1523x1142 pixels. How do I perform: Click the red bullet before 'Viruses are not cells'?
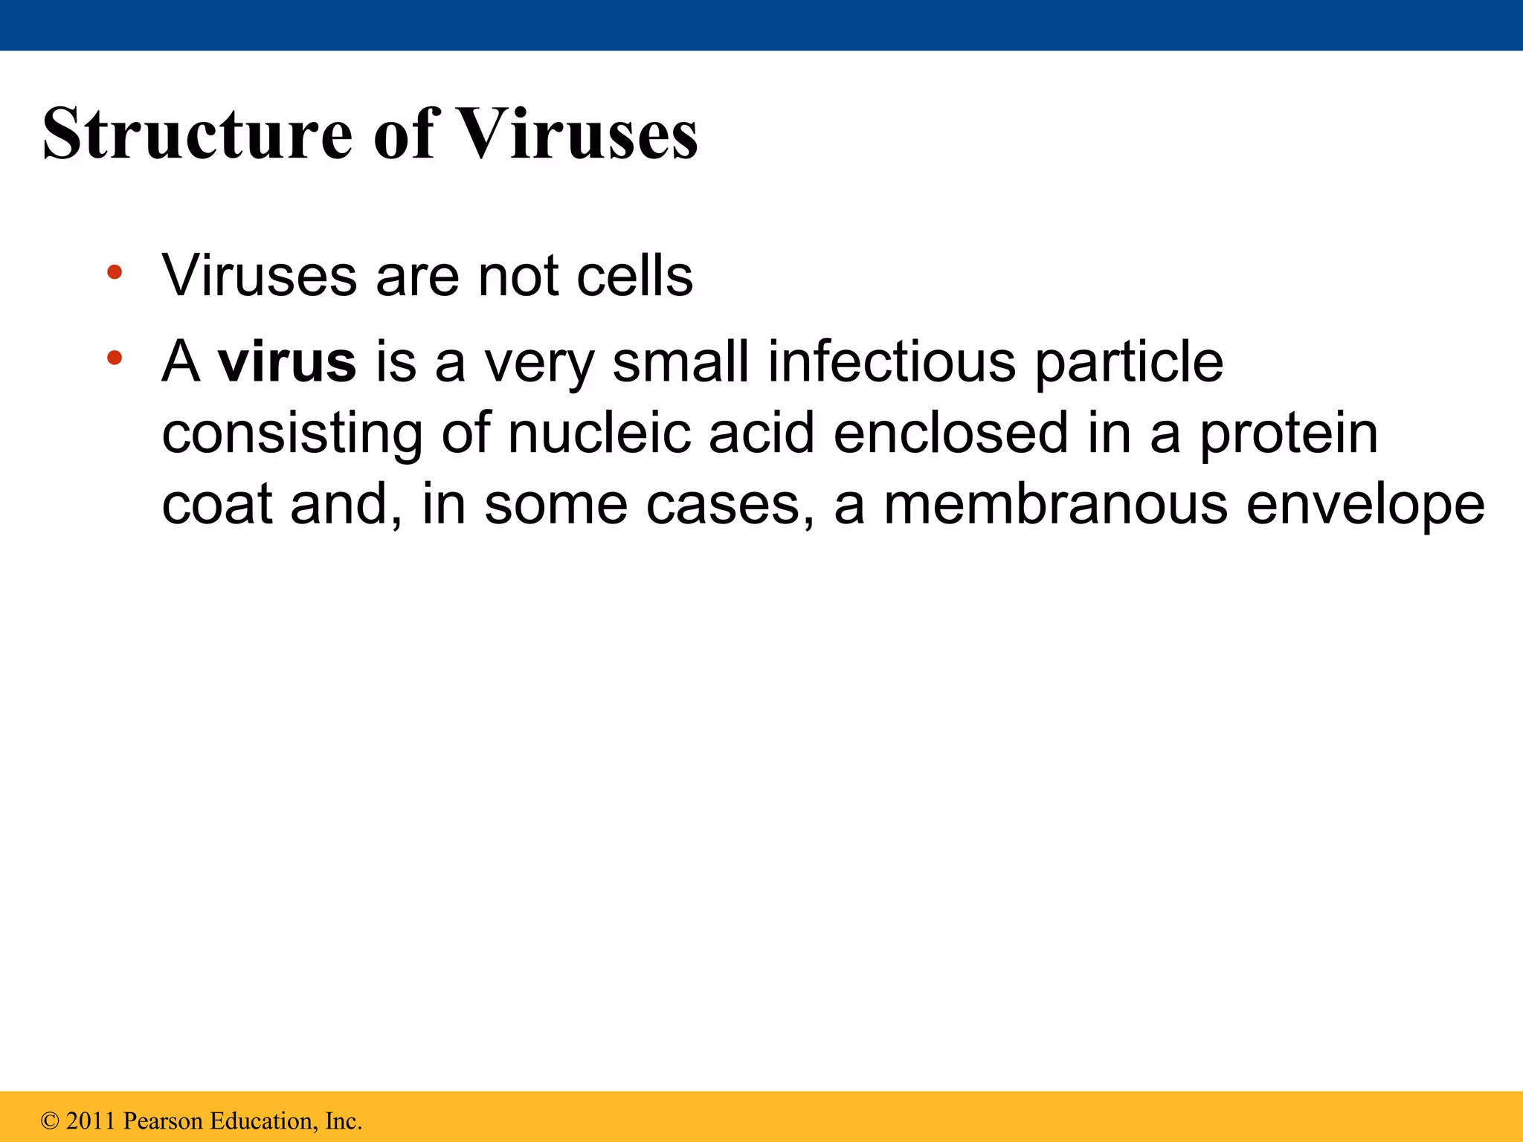(x=114, y=272)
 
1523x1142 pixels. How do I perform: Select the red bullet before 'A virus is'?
(x=114, y=358)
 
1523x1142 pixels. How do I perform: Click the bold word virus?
(x=286, y=362)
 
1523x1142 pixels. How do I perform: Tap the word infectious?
(x=891, y=362)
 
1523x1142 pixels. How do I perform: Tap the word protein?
(x=1289, y=435)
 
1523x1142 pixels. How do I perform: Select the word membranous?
(x=1055, y=505)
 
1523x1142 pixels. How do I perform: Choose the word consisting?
(x=292, y=435)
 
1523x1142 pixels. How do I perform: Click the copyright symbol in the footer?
(x=50, y=1121)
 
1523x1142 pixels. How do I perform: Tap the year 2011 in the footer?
(x=91, y=1121)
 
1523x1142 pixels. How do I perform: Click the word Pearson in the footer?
(x=163, y=1121)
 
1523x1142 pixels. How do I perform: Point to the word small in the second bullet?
(x=680, y=362)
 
